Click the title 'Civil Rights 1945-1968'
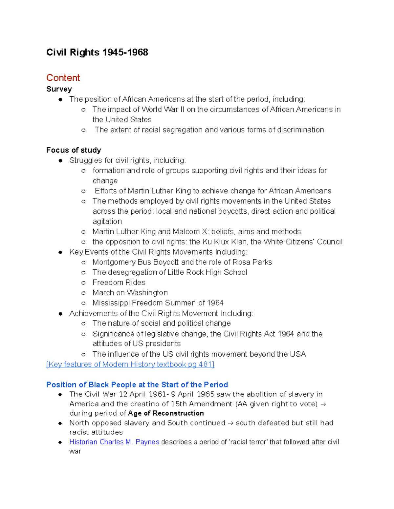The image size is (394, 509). [x=97, y=52]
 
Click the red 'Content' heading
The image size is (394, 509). [x=63, y=78]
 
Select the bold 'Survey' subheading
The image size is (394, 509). [x=59, y=89]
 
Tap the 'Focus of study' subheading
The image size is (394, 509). [x=74, y=150]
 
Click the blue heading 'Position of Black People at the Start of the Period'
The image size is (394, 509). [x=137, y=384]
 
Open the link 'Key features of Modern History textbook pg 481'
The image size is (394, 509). [x=130, y=364]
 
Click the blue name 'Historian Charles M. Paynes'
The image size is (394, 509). [x=114, y=442]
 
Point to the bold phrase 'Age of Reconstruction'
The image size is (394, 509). [x=166, y=413]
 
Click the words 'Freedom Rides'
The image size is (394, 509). [x=119, y=283]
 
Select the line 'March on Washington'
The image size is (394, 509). [x=130, y=293]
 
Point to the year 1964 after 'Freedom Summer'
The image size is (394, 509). [x=215, y=303]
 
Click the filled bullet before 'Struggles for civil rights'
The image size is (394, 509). [x=60, y=161]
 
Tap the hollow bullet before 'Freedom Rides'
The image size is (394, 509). [x=83, y=283]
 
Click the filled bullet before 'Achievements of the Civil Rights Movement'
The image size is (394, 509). [x=60, y=314]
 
